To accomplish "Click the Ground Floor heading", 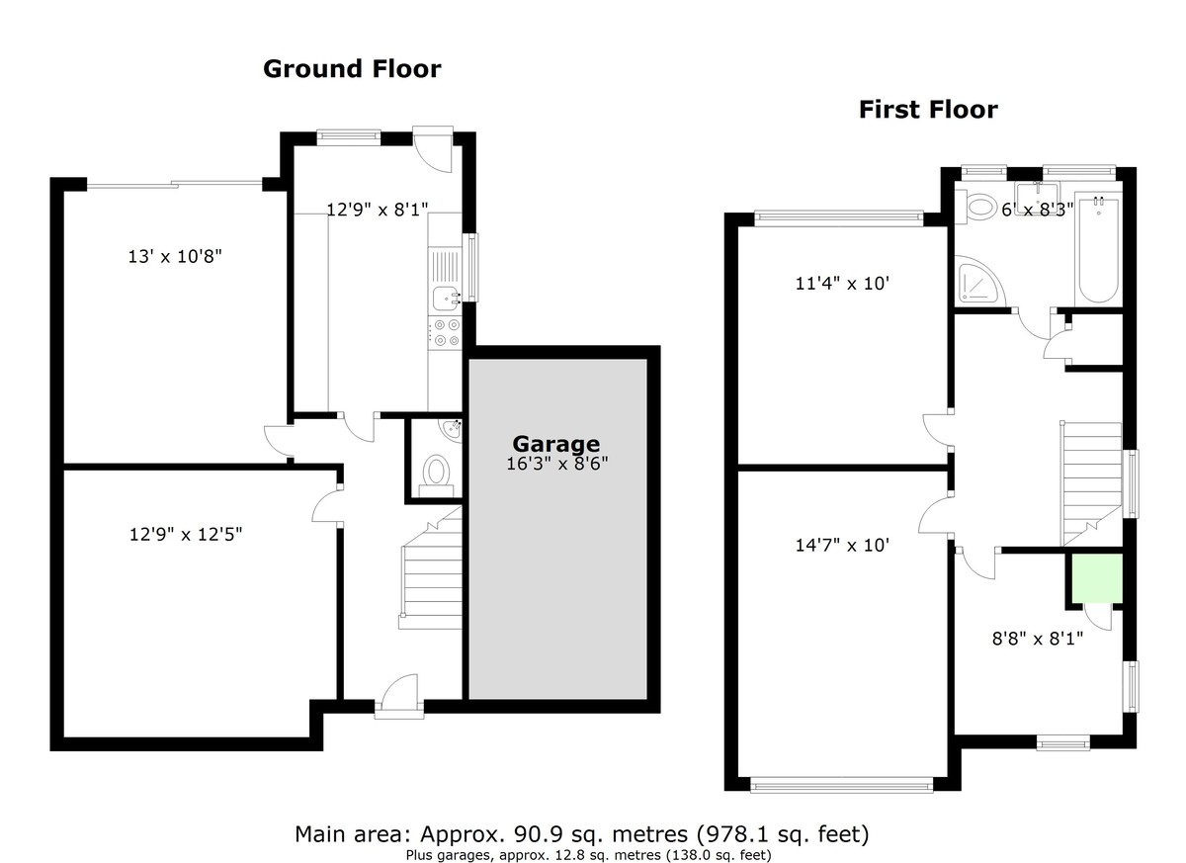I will click(x=352, y=69).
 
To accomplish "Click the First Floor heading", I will click(x=927, y=110).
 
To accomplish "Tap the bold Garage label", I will click(x=555, y=444).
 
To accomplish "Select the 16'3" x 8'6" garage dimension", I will click(x=555, y=463).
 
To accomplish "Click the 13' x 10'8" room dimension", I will click(x=175, y=257).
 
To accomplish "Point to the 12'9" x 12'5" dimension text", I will click(x=186, y=535).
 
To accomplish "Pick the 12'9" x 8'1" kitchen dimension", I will click(x=377, y=209).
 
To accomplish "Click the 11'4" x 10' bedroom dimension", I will click(x=843, y=284).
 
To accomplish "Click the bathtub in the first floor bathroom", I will click(x=1097, y=251).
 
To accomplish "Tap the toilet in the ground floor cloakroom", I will click(x=435, y=473).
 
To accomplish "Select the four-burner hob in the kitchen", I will click(x=445, y=331).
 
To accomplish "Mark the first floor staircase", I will click(x=1091, y=482).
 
